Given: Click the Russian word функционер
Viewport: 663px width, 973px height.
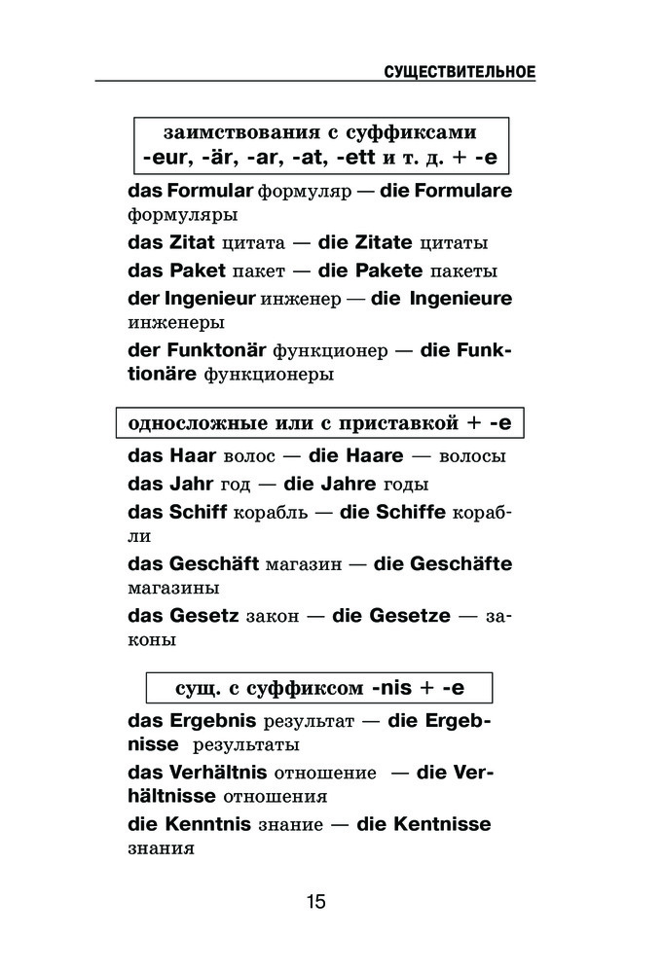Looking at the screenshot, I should point(331,352).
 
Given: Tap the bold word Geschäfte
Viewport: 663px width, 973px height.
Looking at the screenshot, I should point(461,564).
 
